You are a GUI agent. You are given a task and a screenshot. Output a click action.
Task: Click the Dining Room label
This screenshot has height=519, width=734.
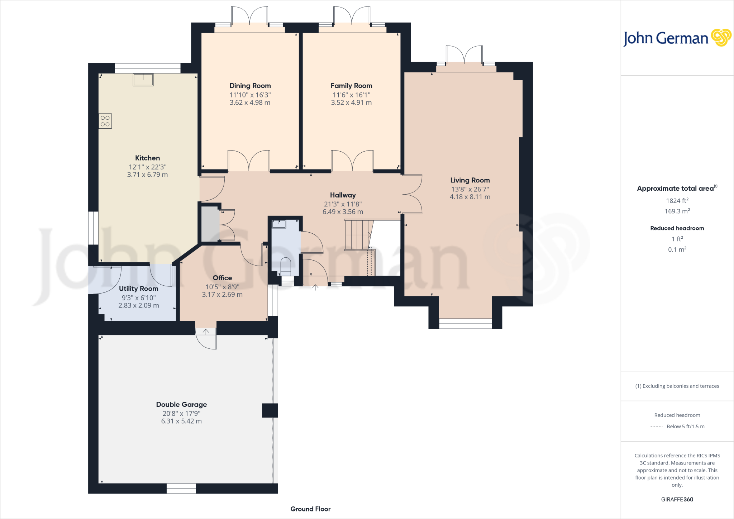(x=250, y=86)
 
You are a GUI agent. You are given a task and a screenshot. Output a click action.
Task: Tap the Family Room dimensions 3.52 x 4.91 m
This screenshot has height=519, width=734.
(x=351, y=103)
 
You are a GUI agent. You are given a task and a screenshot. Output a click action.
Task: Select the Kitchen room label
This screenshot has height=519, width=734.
(x=147, y=158)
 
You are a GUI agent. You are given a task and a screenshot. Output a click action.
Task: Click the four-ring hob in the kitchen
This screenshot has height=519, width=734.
(x=105, y=121)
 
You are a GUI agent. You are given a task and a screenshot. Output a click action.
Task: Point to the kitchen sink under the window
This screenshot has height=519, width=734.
(x=143, y=80)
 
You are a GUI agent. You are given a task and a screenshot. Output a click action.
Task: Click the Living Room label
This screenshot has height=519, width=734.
(x=470, y=180)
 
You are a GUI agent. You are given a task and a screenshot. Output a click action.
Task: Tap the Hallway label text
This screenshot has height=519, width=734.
(x=343, y=195)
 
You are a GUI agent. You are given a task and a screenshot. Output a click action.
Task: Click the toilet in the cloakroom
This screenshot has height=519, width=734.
(x=286, y=265)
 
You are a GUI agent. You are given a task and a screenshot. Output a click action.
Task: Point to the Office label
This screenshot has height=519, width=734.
(x=222, y=278)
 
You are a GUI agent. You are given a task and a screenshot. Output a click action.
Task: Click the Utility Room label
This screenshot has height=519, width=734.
(x=138, y=289)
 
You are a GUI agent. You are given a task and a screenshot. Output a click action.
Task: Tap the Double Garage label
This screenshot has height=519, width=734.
(x=181, y=404)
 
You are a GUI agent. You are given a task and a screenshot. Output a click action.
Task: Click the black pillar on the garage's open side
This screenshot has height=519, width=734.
(x=270, y=410)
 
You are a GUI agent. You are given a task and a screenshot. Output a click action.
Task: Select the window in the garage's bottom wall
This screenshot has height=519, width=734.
(x=181, y=488)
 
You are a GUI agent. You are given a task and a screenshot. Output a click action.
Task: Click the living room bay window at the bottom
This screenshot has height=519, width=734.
(x=465, y=324)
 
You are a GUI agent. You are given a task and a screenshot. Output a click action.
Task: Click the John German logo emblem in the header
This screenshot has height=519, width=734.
(x=721, y=38)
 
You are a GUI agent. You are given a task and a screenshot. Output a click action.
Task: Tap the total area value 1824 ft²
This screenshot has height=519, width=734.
(x=677, y=201)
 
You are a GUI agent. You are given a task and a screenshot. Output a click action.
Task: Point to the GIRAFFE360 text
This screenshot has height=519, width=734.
(x=677, y=499)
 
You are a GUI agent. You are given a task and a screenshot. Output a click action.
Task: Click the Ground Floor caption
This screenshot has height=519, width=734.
(x=310, y=509)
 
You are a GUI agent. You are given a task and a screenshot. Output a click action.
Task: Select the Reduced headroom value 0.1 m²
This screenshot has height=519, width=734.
(x=677, y=249)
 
